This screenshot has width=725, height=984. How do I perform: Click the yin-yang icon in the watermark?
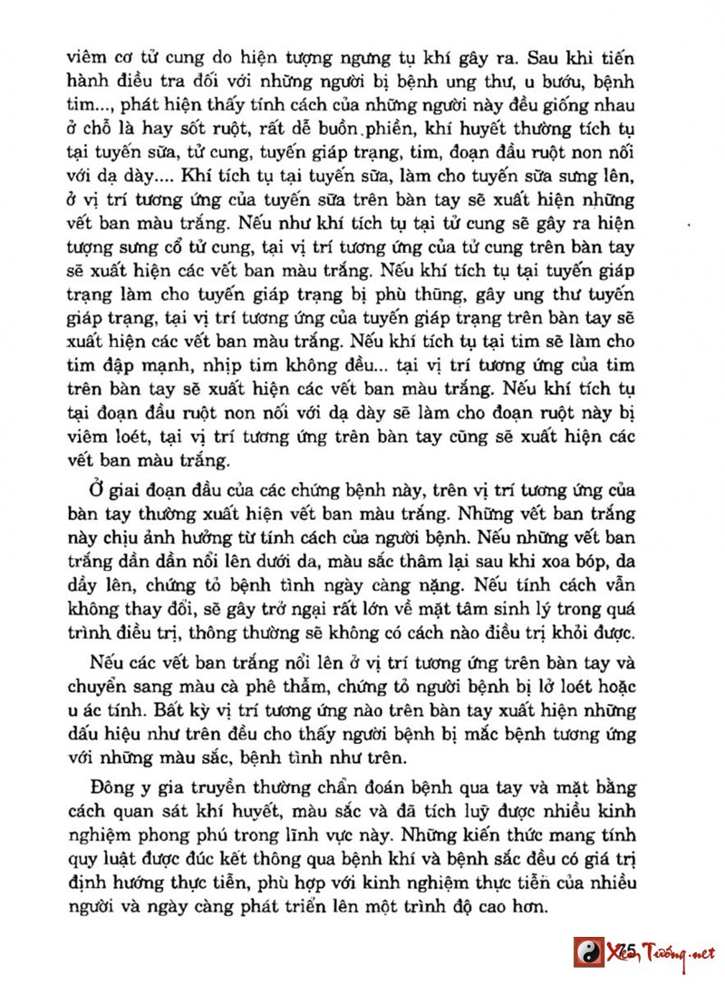[589, 952]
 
